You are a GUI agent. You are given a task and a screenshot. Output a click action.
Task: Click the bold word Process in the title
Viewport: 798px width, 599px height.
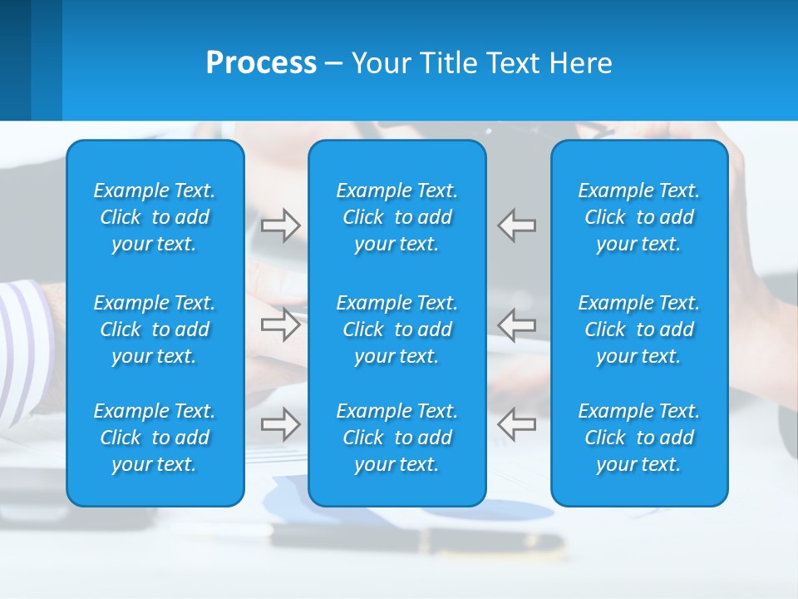[x=261, y=63]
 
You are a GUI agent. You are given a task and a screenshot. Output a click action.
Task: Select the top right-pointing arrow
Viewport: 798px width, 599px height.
[x=281, y=225]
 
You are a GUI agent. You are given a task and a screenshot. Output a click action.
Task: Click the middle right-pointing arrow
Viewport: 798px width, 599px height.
[x=281, y=324]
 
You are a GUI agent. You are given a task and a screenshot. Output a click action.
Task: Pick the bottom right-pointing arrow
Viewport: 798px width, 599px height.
[x=281, y=424]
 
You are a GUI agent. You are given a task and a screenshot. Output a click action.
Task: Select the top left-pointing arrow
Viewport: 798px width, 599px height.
[x=516, y=225]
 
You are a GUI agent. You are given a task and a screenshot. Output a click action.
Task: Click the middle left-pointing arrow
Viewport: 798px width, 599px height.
[x=516, y=324]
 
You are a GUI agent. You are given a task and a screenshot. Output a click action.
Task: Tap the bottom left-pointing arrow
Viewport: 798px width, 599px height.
[x=516, y=424]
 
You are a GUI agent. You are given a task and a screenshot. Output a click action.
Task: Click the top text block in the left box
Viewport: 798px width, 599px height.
[x=155, y=217]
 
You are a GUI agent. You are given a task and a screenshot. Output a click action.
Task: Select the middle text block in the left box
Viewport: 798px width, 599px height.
[x=155, y=329]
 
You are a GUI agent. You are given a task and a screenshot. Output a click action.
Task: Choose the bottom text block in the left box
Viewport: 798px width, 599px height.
[x=155, y=438]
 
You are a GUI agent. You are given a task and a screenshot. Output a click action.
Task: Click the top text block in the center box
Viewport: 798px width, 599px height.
[x=397, y=217]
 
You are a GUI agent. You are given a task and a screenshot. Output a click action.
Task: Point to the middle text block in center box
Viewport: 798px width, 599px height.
[x=397, y=329]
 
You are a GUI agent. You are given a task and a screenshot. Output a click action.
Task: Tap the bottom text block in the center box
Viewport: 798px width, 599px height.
[x=397, y=438]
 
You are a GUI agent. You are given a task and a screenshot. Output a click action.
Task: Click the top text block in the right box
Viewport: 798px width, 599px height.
[x=639, y=217]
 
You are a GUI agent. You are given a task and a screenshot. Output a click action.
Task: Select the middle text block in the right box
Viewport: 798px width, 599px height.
[x=639, y=329]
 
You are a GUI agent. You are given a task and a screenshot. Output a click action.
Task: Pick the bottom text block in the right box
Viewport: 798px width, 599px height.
[x=639, y=438]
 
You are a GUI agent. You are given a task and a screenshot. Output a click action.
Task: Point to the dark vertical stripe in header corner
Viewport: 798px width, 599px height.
[x=15, y=60]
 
